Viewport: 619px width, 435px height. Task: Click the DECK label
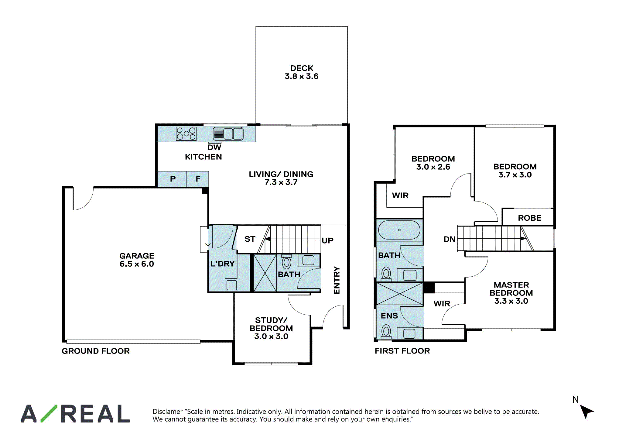pyautogui.click(x=302, y=68)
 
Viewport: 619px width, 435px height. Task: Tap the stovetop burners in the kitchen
pyautogui.click(x=186, y=134)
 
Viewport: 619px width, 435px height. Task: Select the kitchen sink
pyautogui.click(x=228, y=133)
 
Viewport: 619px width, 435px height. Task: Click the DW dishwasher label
pyautogui.click(x=214, y=147)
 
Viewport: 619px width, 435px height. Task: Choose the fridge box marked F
pyautogui.click(x=197, y=179)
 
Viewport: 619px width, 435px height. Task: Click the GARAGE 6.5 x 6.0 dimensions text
pyautogui.click(x=137, y=264)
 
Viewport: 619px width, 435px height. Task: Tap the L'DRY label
pyautogui.click(x=222, y=264)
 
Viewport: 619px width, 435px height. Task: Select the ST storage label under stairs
pyautogui.click(x=250, y=239)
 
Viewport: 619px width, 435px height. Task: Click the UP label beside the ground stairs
pyautogui.click(x=327, y=240)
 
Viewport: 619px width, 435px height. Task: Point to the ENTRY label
pyautogui.click(x=337, y=280)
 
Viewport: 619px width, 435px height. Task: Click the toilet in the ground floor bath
pyautogui.click(x=286, y=262)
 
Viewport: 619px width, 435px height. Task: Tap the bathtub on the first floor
pyautogui.click(x=399, y=230)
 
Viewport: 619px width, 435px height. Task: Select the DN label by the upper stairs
pyautogui.click(x=450, y=239)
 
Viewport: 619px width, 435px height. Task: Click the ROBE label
pyautogui.click(x=529, y=218)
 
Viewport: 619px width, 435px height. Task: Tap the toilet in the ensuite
pyautogui.click(x=386, y=332)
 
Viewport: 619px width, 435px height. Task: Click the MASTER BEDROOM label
pyautogui.click(x=511, y=289)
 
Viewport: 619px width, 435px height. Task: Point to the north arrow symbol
pyautogui.click(x=586, y=411)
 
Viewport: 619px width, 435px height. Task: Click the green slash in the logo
pyautogui.click(x=49, y=413)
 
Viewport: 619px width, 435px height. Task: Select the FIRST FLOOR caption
pyautogui.click(x=402, y=351)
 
